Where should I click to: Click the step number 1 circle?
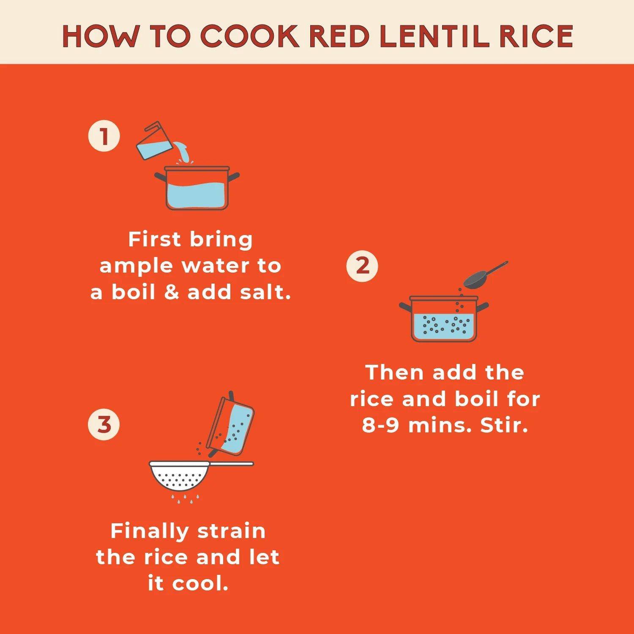(x=104, y=136)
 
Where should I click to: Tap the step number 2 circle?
(x=362, y=266)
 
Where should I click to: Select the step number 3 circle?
(x=104, y=424)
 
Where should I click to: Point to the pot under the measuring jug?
(x=197, y=188)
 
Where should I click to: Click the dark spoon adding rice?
(x=485, y=275)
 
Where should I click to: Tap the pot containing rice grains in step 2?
(x=444, y=319)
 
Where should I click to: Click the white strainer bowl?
(x=180, y=476)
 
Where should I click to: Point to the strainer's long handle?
(x=232, y=464)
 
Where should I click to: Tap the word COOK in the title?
(x=250, y=36)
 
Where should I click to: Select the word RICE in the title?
(x=536, y=36)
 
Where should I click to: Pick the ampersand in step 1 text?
(x=171, y=292)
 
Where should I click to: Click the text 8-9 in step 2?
(x=380, y=425)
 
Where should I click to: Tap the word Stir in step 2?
(x=504, y=425)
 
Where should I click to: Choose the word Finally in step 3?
(x=149, y=531)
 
